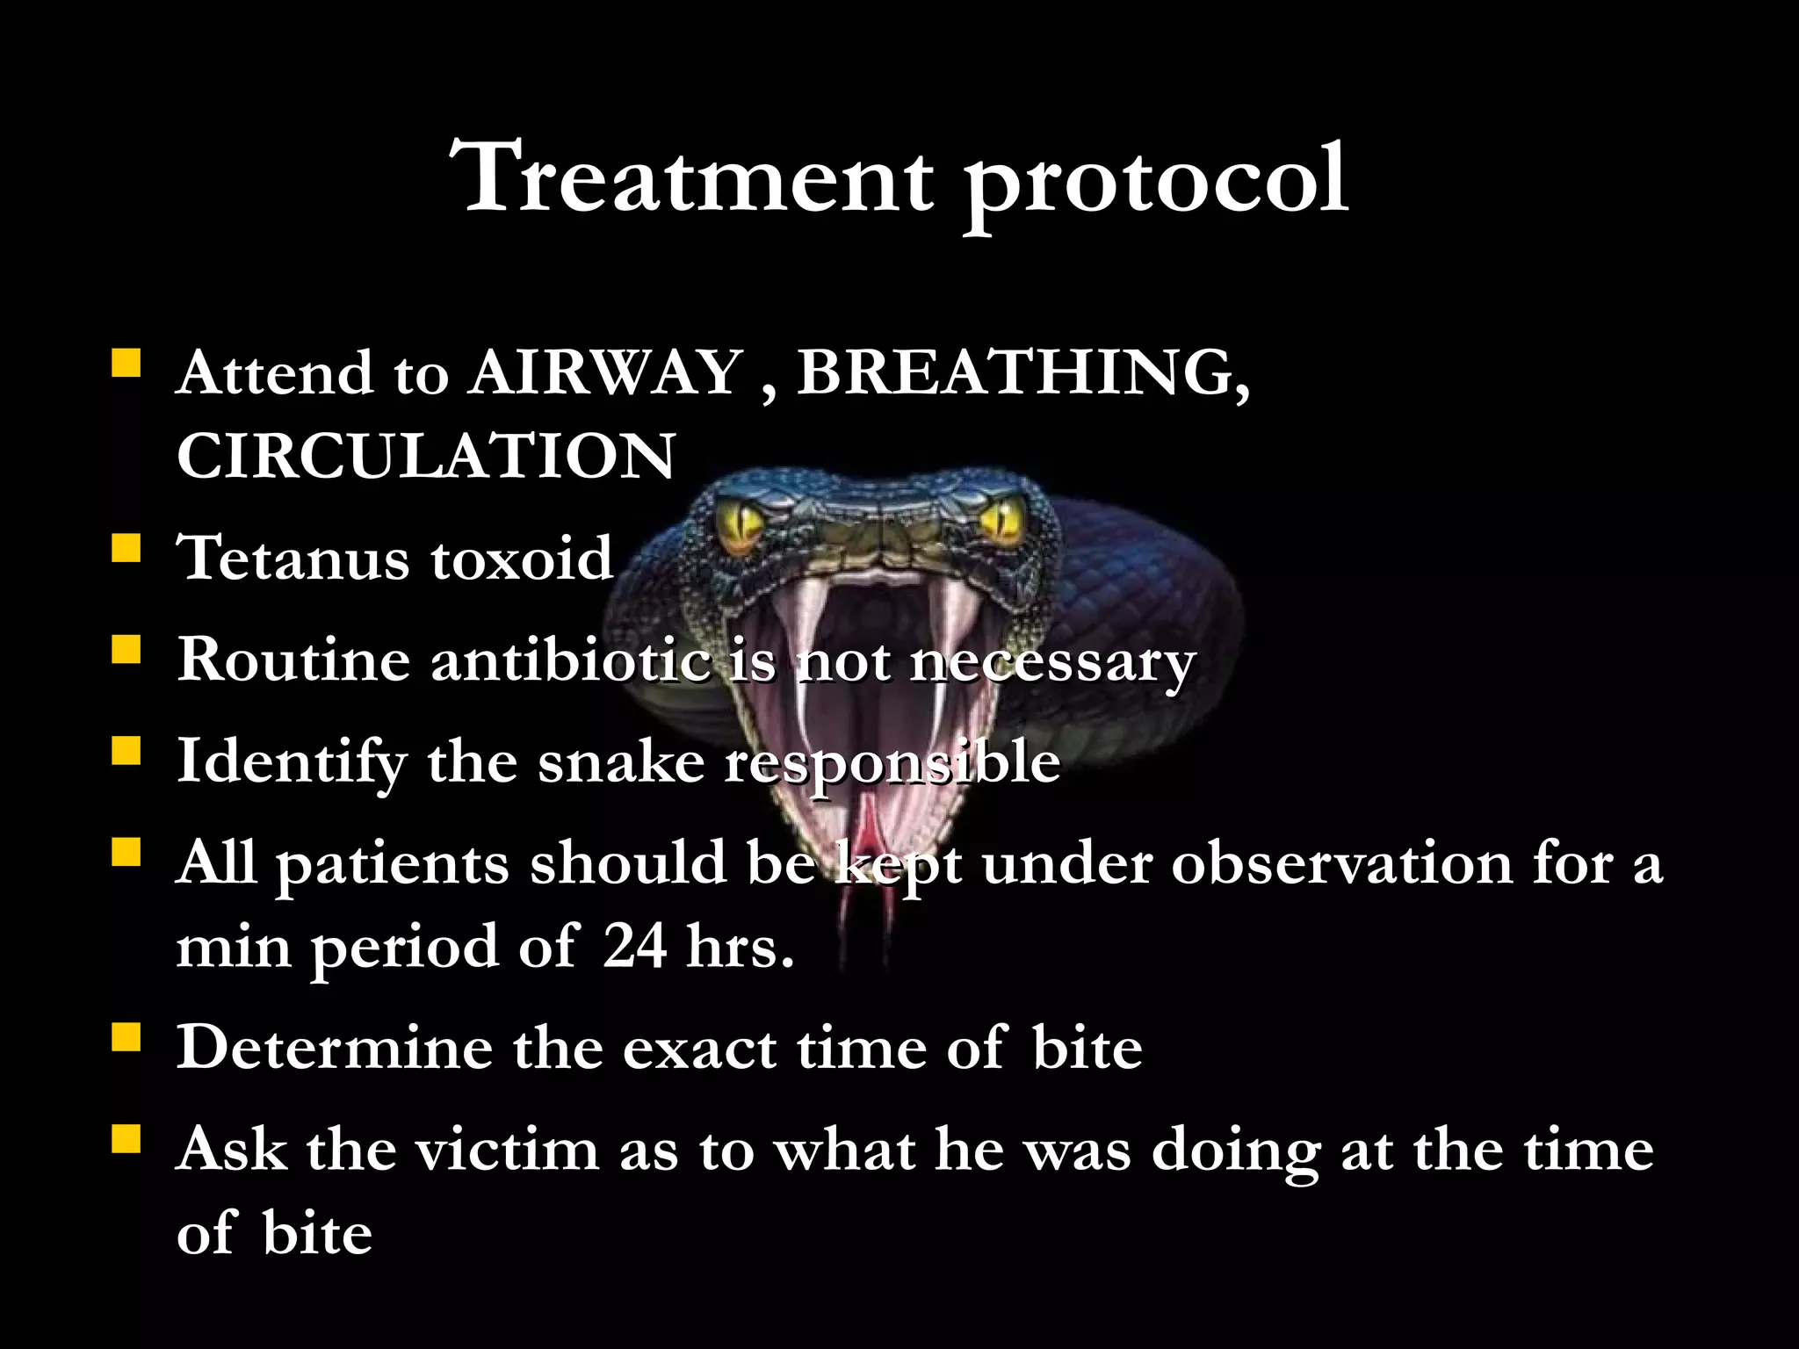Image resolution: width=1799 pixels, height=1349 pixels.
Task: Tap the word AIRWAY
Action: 606,373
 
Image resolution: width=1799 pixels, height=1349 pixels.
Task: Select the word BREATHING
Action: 1022,373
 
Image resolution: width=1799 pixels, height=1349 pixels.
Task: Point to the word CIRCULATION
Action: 426,456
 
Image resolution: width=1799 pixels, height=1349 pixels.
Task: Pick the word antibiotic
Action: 570,660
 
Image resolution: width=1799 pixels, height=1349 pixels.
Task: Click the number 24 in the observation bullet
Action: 634,948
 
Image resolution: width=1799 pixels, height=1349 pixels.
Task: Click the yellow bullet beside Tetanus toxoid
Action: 126,550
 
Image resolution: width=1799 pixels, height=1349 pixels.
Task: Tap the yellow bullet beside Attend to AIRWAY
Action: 126,364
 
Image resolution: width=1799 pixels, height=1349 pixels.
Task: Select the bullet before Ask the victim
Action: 126,1141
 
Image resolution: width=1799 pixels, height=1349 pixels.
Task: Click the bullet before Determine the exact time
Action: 126,1039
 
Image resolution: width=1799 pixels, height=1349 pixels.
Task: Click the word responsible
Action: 892,762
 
